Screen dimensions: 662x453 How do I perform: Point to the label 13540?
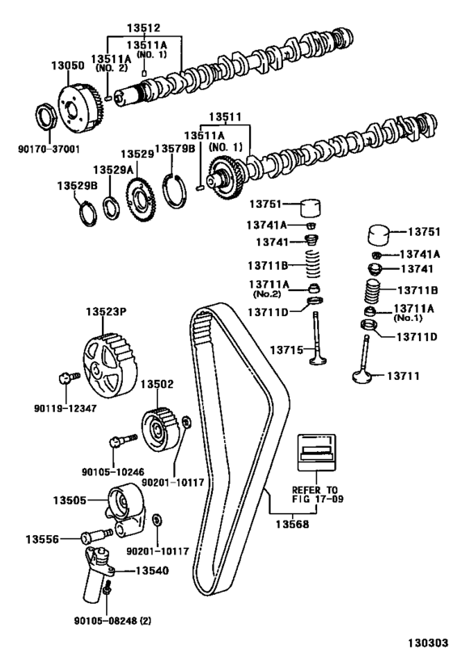[150, 571]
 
